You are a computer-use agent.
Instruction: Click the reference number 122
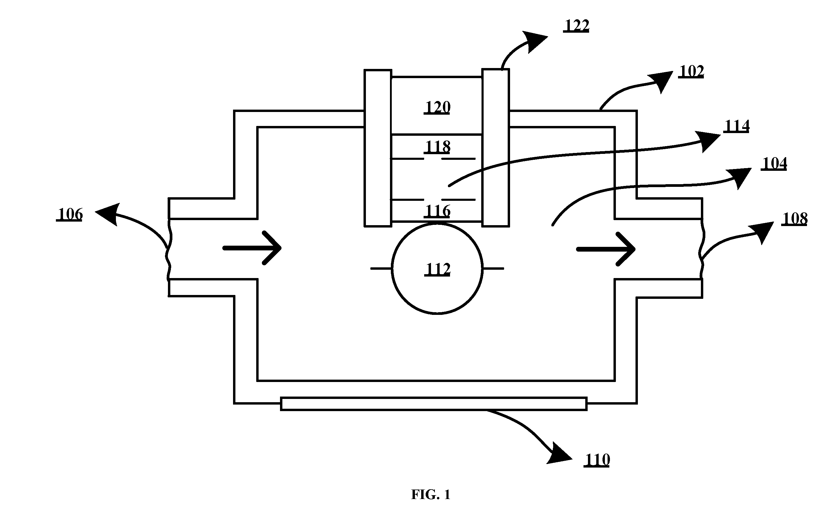(x=576, y=26)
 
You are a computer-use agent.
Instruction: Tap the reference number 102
(x=691, y=72)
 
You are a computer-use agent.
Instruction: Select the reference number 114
(x=737, y=126)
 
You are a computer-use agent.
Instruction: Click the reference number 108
(x=795, y=219)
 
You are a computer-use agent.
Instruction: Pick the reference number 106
(x=70, y=214)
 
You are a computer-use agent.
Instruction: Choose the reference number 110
(x=597, y=460)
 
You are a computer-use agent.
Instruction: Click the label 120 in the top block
(x=437, y=108)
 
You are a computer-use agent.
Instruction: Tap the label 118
(x=437, y=147)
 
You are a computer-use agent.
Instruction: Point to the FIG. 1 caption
(x=430, y=495)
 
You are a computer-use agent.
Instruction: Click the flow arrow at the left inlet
(x=252, y=248)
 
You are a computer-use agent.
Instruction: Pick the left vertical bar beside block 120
(x=378, y=148)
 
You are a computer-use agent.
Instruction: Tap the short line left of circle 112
(x=381, y=268)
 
